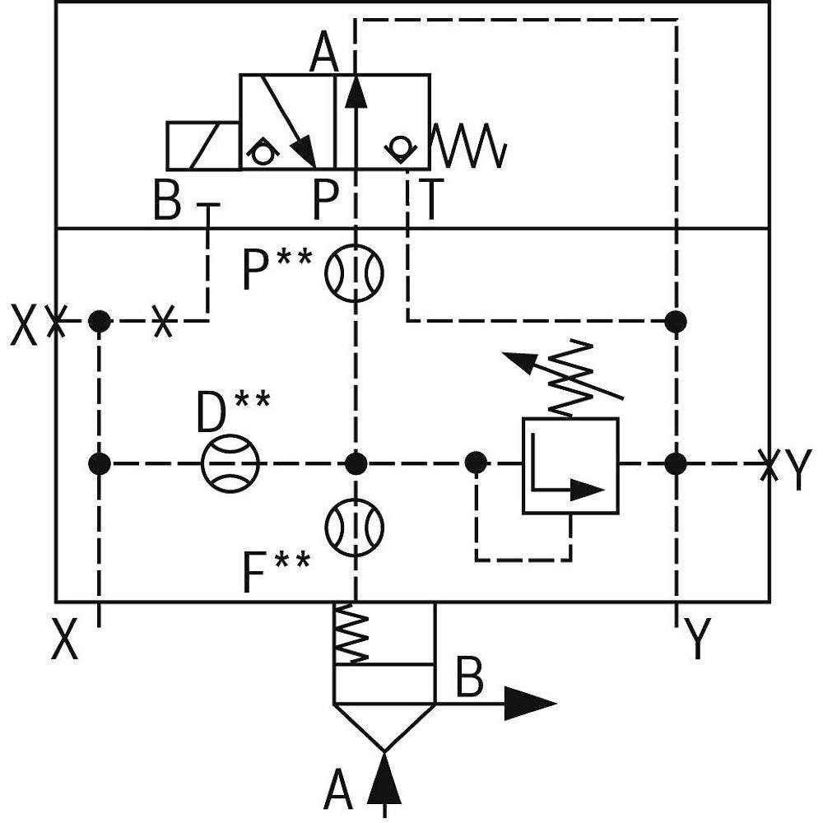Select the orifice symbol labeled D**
[230, 463]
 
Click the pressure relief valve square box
[570, 465]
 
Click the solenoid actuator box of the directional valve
[202, 146]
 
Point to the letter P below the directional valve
[326, 200]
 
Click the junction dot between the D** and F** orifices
[356, 463]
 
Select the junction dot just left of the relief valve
[476, 463]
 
